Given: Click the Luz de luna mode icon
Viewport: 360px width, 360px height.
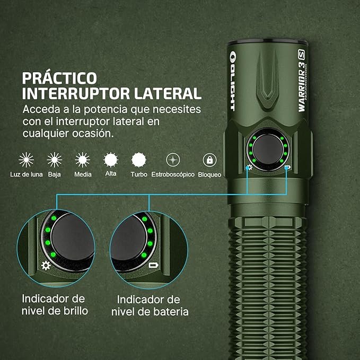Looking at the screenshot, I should pyautogui.click(x=26, y=160).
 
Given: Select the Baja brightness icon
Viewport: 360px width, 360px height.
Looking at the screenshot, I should pyautogui.click(x=54, y=160).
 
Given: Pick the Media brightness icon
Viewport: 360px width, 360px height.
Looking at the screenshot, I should pyautogui.click(x=83, y=160).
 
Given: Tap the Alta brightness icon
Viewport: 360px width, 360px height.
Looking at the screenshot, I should pyautogui.click(x=111, y=160).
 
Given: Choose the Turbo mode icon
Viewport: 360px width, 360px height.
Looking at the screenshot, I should pyautogui.click(x=139, y=160).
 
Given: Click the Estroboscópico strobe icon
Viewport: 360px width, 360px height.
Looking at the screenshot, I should pyautogui.click(x=172, y=160).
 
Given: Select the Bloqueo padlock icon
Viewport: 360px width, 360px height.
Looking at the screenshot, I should pyautogui.click(x=209, y=160).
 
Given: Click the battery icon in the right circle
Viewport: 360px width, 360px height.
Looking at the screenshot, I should pyautogui.click(x=153, y=265).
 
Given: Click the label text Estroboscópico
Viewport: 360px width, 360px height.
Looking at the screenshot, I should pyautogui.click(x=172, y=174).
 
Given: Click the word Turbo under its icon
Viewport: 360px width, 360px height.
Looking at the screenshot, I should pyautogui.click(x=139, y=174).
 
